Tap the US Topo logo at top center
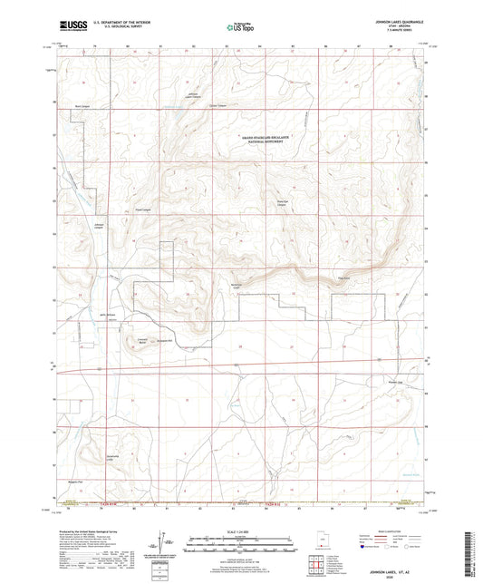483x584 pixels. (x=237, y=27)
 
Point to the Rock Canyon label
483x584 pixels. (x=82, y=107)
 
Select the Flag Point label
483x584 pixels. (x=343, y=279)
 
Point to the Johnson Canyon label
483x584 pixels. (x=100, y=225)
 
